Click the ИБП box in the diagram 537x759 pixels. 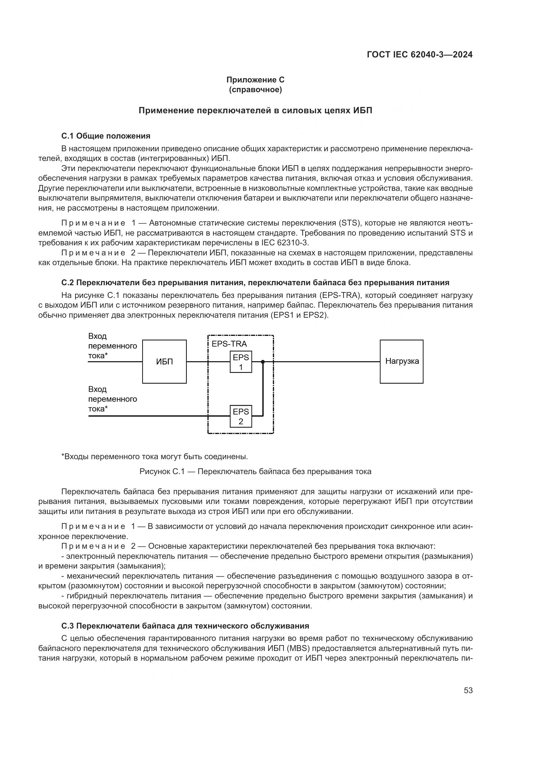(164, 361)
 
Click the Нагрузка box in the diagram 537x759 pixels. (401, 361)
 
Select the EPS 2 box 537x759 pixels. (241, 416)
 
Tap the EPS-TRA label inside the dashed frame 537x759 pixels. (229, 344)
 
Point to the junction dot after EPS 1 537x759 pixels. (263, 362)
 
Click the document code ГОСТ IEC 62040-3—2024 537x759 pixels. (419, 55)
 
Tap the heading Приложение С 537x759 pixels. (255, 80)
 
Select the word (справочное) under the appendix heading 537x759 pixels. (255, 90)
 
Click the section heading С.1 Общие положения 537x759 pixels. (106, 136)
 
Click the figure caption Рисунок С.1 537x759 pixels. (255, 471)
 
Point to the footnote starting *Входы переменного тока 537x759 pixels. (155, 457)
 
